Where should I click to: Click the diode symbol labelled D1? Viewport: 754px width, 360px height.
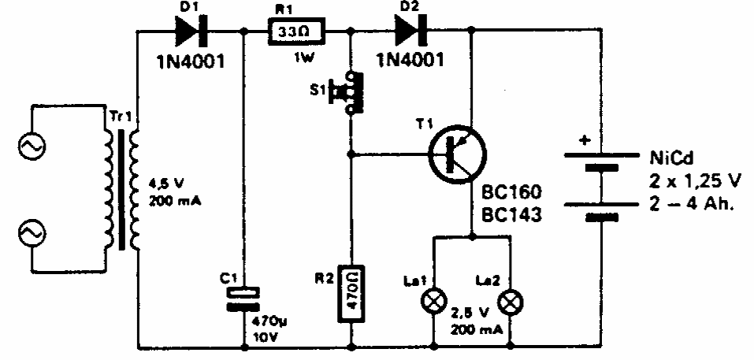tap(191, 32)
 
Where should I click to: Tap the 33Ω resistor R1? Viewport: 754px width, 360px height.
tap(296, 32)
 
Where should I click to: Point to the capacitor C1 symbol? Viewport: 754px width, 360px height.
tap(243, 299)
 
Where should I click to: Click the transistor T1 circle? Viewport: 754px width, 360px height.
tap(457, 154)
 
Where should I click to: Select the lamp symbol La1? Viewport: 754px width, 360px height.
tap(434, 302)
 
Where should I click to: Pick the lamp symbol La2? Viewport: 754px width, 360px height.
tap(511, 303)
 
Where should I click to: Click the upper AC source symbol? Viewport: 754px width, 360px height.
tap(32, 145)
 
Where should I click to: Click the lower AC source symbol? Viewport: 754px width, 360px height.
tap(32, 234)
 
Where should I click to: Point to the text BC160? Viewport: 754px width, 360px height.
tap(511, 192)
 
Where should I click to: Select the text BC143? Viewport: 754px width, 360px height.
tap(511, 215)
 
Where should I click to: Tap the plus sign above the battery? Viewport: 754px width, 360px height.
tap(585, 141)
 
